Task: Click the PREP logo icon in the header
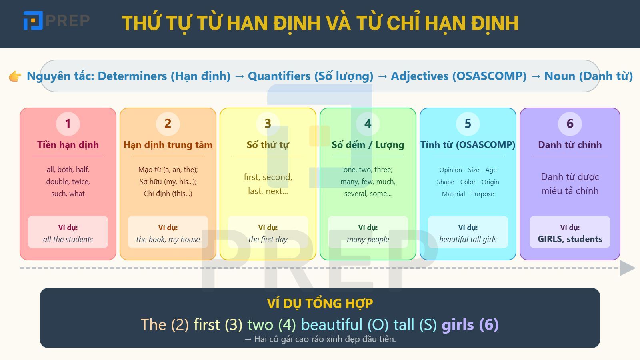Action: point(33,20)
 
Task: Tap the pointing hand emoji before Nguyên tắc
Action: point(15,76)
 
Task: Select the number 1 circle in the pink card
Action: point(68,124)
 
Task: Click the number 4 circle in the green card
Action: point(368,124)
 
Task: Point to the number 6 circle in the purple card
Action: point(570,124)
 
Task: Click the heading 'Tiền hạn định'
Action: point(68,145)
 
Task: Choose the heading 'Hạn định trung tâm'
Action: point(168,145)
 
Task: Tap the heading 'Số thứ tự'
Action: point(268,145)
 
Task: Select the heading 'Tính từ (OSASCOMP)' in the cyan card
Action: point(468,145)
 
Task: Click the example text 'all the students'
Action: point(68,240)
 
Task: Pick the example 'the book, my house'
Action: point(168,240)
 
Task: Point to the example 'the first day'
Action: point(268,240)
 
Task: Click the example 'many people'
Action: point(368,240)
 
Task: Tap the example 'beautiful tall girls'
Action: point(468,240)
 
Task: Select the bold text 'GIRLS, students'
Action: point(570,239)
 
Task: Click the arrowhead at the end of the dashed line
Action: point(627,268)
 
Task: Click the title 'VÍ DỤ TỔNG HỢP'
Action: point(320,304)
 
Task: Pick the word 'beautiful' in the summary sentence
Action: point(332,325)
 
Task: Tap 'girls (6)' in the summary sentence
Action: point(470,325)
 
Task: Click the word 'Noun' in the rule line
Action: point(560,76)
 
